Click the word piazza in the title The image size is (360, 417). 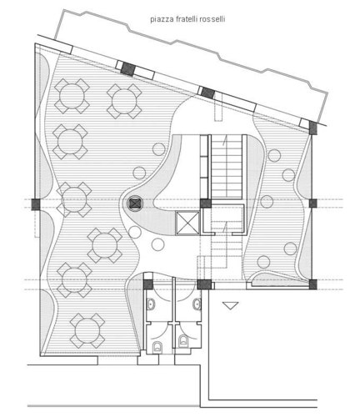point(160,19)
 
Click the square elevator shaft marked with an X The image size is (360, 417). point(187,224)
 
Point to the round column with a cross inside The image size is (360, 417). point(135,203)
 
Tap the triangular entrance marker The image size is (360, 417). point(230,306)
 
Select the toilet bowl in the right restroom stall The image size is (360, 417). point(183,340)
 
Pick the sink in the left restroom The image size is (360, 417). point(150,304)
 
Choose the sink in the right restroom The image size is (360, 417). point(197,304)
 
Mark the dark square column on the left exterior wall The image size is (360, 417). point(36,204)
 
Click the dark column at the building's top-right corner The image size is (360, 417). point(313,128)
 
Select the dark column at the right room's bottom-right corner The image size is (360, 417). point(313,284)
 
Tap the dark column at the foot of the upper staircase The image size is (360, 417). point(206,203)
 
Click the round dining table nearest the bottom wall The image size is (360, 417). point(87,331)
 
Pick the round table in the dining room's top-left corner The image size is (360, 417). point(72,96)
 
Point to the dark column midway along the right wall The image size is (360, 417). point(313,203)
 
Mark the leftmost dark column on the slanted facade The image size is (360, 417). point(127,68)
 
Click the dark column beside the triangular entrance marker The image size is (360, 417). point(204,284)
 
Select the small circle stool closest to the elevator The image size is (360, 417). point(157,244)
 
